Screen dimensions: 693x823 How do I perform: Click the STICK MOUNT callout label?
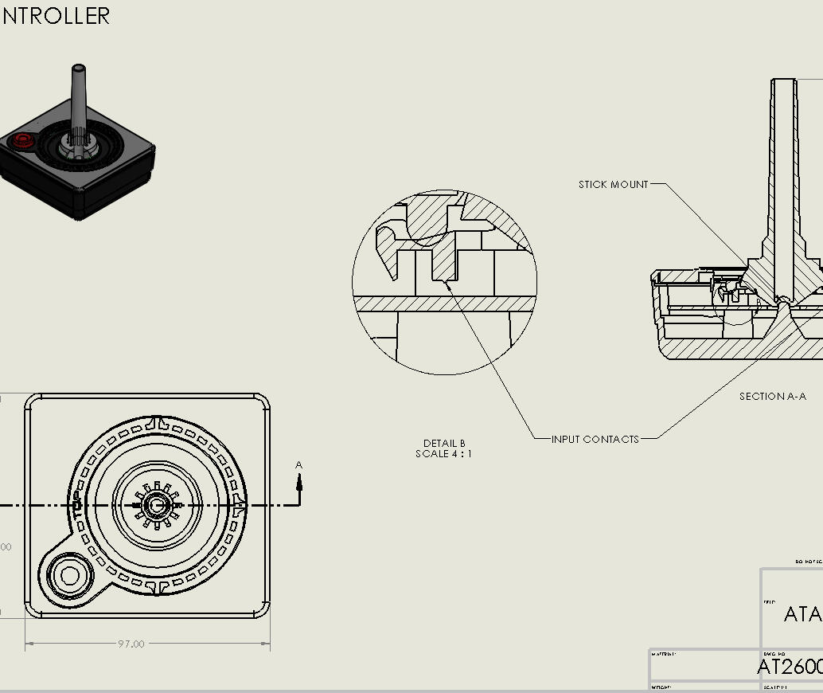point(613,185)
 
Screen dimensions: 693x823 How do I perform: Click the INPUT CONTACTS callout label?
point(595,439)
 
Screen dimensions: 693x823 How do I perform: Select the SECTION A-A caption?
point(772,397)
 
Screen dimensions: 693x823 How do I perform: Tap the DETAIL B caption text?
point(443,444)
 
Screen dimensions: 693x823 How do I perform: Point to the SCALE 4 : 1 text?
point(443,454)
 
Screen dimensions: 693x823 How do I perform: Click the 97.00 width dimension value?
point(131,644)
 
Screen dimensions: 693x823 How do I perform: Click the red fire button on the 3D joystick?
point(21,141)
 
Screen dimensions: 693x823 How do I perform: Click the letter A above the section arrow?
point(299,465)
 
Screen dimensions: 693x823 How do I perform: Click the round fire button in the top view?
point(69,575)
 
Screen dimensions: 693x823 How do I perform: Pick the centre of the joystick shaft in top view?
point(157,505)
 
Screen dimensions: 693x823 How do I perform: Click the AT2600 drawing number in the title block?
point(789,667)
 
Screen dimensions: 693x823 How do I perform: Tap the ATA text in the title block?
point(802,614)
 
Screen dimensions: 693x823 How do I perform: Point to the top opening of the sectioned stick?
point(784,81)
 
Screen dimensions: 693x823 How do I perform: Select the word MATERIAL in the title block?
point(663,655)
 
